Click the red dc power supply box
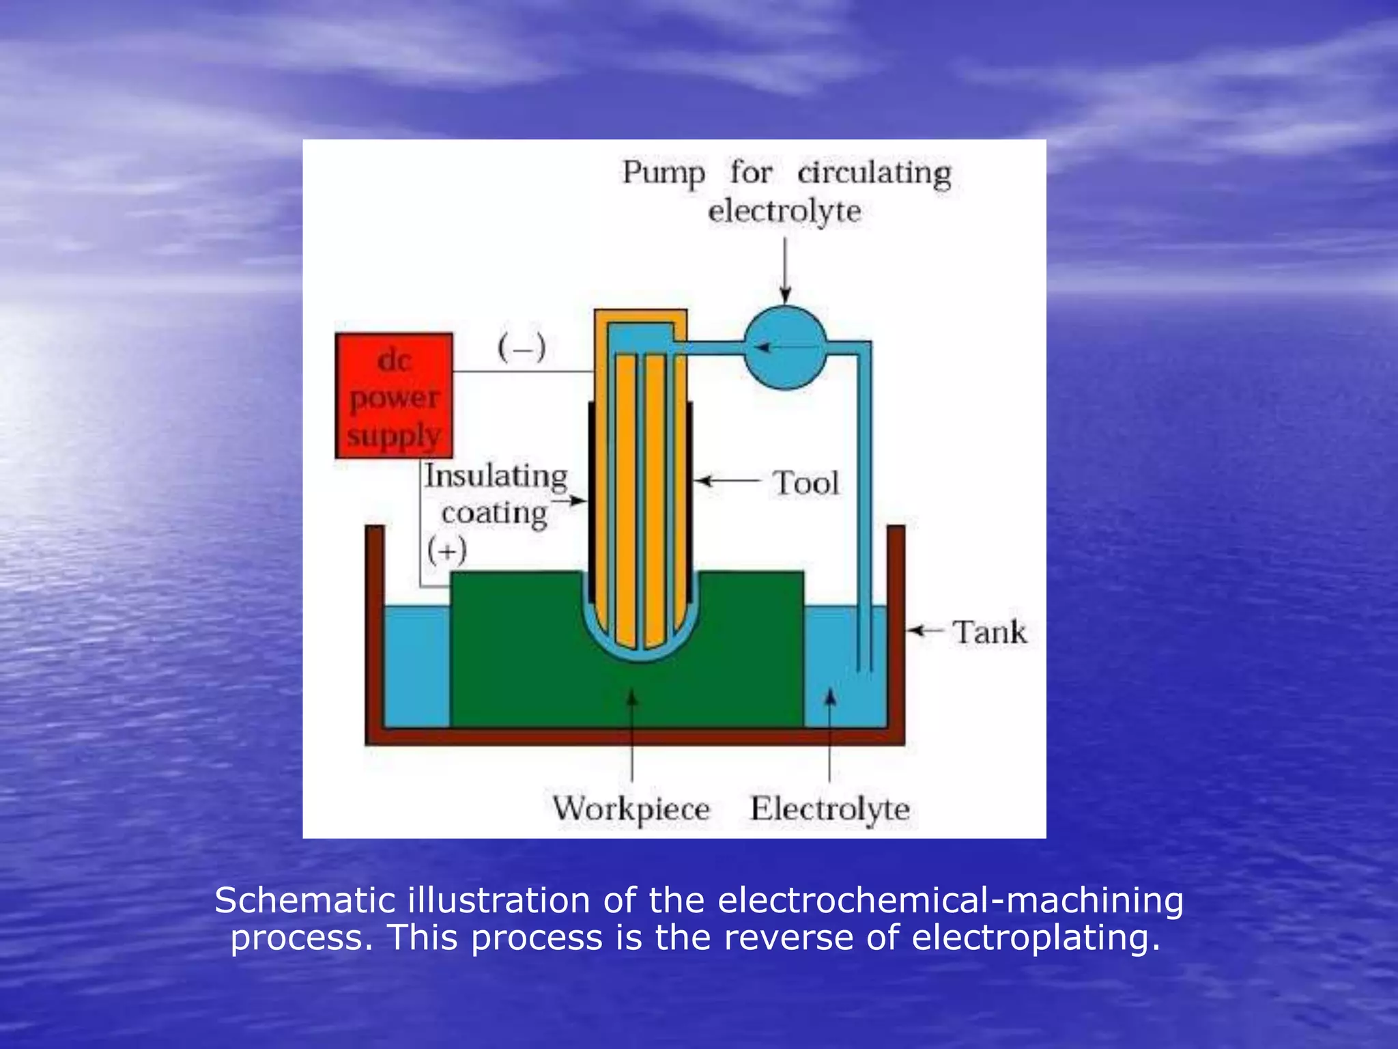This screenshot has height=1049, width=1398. [394, 395]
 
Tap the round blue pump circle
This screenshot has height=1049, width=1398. [785, 348]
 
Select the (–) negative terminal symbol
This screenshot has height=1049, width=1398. [522, 348]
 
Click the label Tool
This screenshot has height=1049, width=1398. [805, 483]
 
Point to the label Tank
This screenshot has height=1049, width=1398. [989, 632]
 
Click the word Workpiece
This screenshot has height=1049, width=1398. [631, 809]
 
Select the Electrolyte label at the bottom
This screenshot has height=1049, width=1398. [830, 809]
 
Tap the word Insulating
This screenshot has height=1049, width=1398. [496, 476]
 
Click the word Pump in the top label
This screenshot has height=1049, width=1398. [663, 173]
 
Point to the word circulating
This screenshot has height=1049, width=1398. [874, 173]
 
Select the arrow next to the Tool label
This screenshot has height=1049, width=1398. [727, 481]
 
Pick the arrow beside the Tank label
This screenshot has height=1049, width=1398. [926, 630]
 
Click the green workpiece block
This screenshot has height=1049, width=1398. [519, 649]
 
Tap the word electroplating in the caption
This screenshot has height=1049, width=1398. [1036, 937]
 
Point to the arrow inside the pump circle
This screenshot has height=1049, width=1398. [785, 348]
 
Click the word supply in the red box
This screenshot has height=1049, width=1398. [394, 434]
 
